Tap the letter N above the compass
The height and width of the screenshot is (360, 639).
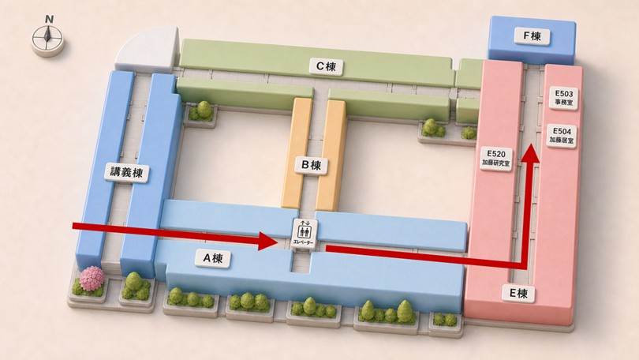(49, 19)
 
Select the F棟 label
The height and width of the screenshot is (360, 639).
(532, 36)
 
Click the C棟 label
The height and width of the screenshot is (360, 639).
(326, 66)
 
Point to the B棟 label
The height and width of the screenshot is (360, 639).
(311, 165)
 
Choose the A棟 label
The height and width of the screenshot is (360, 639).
(213, 258)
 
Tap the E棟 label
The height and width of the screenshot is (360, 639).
(518, 293)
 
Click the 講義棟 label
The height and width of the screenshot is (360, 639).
(127, 172)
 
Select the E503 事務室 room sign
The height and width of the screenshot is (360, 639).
(563, 98)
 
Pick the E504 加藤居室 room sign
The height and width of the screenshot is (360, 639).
(562, 136)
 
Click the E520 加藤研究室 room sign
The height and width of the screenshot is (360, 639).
(496, 158)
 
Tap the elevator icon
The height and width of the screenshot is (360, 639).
(305, 230)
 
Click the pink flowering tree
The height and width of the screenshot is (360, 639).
(92, 279)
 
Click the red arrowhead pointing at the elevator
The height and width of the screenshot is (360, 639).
(268, 241)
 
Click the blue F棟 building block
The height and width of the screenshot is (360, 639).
(532, 40)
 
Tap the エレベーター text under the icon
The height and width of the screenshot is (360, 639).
(304, 243)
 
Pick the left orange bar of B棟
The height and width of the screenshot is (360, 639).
(297, 153)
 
